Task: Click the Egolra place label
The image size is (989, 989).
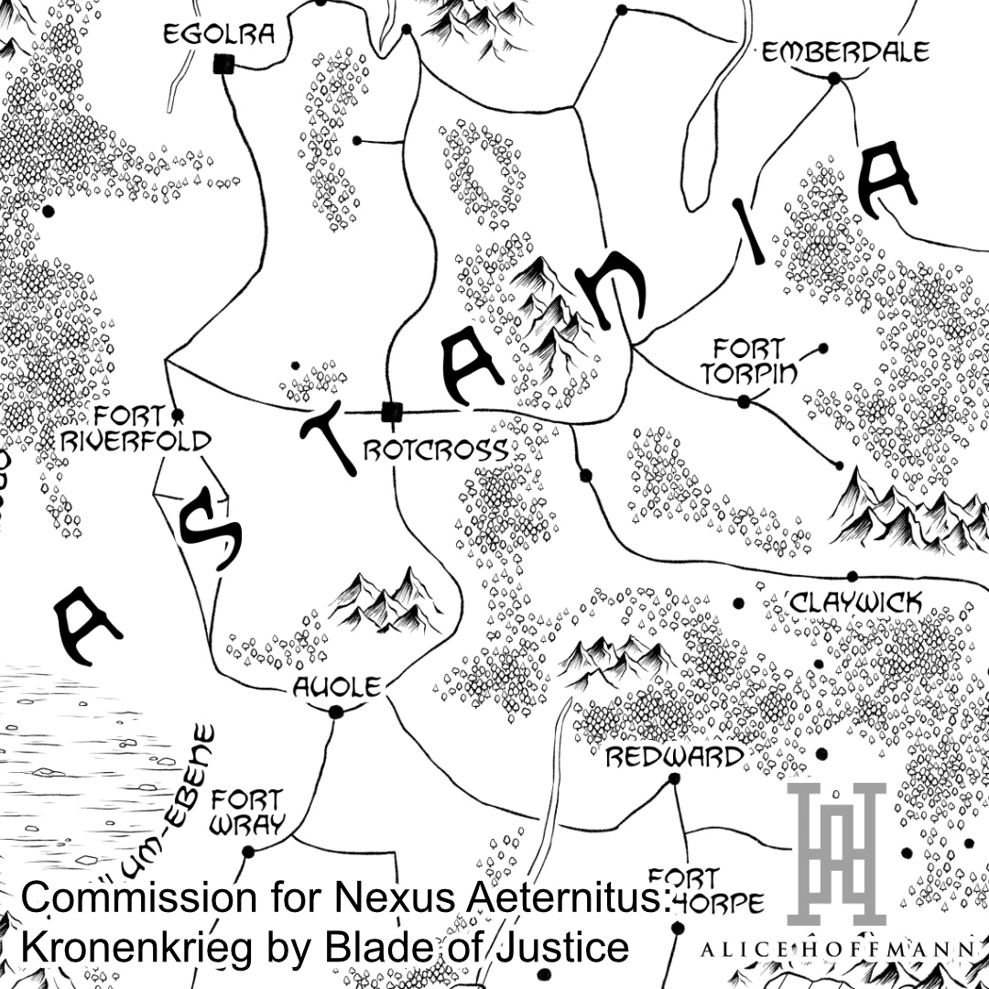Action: click(219, 35)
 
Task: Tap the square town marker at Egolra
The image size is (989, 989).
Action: click(221, 64)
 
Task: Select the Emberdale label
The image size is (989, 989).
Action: click(845, 51)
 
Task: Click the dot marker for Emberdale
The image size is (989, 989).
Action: click(834, 80)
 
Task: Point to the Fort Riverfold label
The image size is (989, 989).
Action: click(136, 429)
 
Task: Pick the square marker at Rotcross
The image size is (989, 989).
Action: click(392, 411)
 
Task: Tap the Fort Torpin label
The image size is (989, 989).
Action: click(749, 360)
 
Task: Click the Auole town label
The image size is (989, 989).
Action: click(335, 687)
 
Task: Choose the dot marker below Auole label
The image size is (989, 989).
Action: click(335, 712)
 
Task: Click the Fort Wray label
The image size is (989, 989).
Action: click(246, 811)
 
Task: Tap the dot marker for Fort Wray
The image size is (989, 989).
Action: click(247, 852)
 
